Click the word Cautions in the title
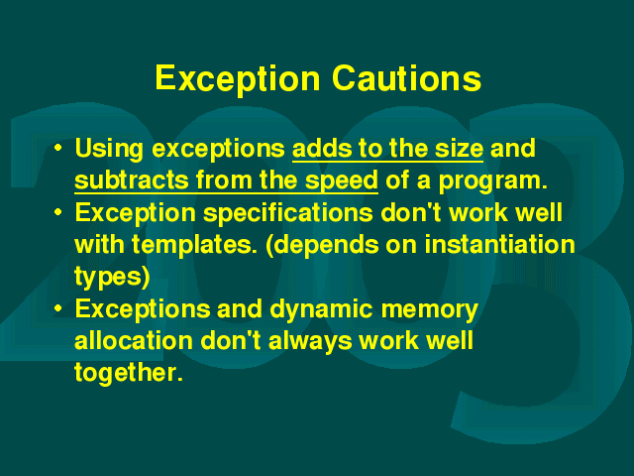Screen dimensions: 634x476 [x=406, y=78]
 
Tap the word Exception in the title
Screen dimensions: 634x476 [x=238, y=80]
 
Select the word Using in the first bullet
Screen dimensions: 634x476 [x=109, y=150]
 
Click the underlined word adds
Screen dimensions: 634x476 [x=322, y=149]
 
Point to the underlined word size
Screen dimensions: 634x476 [x=459, y=149]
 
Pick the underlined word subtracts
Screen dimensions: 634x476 [x=132, y=180]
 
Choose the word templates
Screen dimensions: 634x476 [x=194, y=246]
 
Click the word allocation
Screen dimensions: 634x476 [x=134, y=341]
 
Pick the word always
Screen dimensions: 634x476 [x=310, y=342]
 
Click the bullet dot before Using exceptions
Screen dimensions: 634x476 [x=58, y=148]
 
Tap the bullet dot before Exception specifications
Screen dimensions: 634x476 [x=58, y=211]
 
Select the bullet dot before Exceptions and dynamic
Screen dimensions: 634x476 [x=58, y=308]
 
